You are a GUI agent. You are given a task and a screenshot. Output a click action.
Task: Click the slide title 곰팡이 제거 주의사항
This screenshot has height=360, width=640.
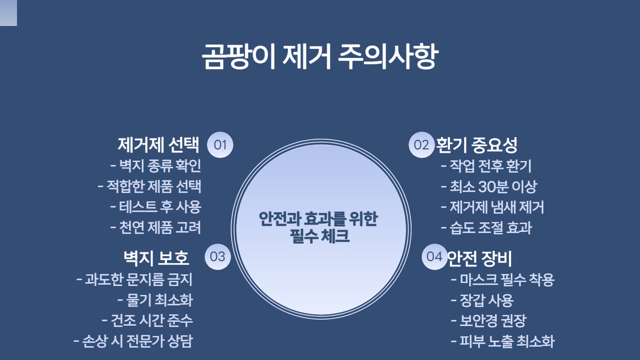(x=320, y=56)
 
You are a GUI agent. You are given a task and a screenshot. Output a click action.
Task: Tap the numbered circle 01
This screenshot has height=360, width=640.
(x=220, y=145)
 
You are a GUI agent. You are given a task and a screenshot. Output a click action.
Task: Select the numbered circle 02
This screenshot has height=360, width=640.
(x=421, y=145)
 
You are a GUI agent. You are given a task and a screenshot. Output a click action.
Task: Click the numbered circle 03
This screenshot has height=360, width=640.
(x=218, y=257)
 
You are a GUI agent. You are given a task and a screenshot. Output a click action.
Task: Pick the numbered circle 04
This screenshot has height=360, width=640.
(x=434, y=257)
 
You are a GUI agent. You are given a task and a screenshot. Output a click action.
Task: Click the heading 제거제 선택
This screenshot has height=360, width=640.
(x=158, y=145)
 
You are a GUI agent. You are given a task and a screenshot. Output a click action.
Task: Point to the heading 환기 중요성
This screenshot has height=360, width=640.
(x=477, y=145)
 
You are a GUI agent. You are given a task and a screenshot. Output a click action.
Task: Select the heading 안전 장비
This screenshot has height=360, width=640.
(x=479, y=258)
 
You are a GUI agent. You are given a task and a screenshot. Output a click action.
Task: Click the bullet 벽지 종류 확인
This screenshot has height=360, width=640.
(x=160, y=166)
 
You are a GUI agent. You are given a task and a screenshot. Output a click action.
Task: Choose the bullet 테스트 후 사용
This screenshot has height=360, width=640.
(x=160, y=207)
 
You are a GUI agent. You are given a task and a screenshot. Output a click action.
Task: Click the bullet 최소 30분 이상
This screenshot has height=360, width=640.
(x=493, y=187)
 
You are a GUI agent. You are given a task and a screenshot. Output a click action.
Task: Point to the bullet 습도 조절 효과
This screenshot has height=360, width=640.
(x=491, y=228)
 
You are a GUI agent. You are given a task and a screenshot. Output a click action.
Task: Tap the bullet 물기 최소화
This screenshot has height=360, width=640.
(x=159, y=300)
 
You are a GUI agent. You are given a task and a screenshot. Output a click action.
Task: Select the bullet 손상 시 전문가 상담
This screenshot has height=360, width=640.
(x=137, y=341)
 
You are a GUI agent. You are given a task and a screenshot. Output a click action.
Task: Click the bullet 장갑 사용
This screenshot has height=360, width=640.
(x=487, y=300)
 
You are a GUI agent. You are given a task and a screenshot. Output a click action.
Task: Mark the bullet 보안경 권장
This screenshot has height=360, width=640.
(x=493, y=321)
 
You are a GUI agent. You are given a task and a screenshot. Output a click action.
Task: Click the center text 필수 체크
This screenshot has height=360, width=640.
(x=320, y=236)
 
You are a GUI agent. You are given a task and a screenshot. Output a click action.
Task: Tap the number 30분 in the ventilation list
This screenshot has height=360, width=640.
(x=493, y=187)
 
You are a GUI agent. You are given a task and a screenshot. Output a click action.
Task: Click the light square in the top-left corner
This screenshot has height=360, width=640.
(x=8, y=13)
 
